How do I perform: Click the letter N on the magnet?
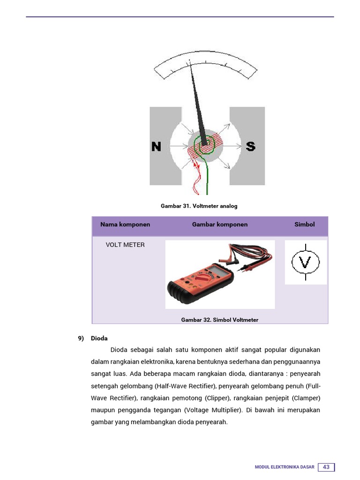coord(156,147)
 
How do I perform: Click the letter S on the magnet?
coord(251,147)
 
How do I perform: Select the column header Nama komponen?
coord(125,225)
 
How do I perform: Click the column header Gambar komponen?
coord(220,225)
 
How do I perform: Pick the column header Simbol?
coord(304,225)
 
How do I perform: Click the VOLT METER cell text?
coord(125,245)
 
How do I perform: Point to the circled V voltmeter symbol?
coord(305,262)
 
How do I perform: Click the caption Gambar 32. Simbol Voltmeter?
coord(220,320)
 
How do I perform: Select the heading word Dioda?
coord(99,338)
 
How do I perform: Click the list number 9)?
coord(81,338)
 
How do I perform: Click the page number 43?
coord(326,467)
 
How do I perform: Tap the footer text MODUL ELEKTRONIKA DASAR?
coord(285,467)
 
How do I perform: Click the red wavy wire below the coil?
coord(195,180)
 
